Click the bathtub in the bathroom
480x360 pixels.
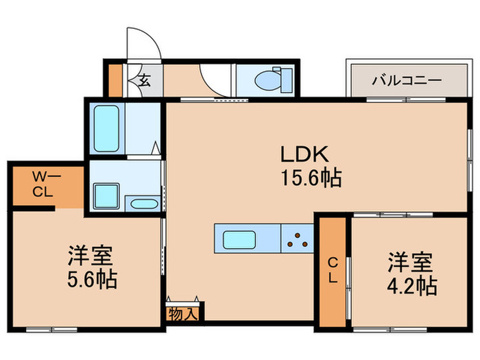(x=106, y=129)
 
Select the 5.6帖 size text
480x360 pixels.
(x=91, y=280)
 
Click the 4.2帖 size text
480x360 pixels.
(x=411, y=285)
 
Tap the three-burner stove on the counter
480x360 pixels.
(x=298, y=240)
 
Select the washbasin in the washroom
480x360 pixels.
(x=143, y=204)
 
